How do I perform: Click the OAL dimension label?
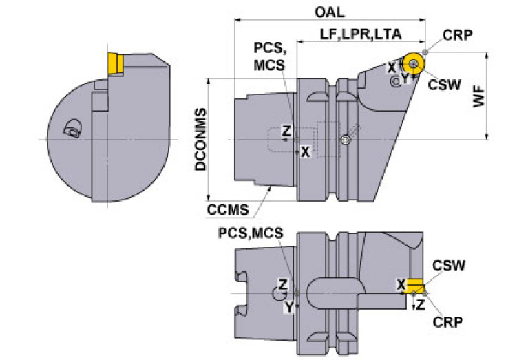(329, 12)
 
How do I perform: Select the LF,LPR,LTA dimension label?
(361, 34)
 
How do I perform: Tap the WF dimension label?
(478, 96)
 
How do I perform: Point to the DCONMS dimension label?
(201, 140)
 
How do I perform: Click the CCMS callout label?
(228, 210)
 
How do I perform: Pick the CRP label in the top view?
(457, 35)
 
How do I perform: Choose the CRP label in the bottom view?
(447, 322)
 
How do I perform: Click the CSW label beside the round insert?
(444, 85)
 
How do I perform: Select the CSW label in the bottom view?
(449, 266)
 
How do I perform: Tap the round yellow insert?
(414, 63)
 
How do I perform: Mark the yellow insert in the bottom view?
(415, 286)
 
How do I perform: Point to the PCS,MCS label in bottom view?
(251, 233)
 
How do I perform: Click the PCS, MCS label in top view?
(269, 56)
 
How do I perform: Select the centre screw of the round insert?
(414, 63)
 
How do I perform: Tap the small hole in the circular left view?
(73, 128)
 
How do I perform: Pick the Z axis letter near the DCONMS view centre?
(286, 130)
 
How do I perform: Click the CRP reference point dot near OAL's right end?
(425, 52)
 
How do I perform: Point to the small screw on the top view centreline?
(344, 140)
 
